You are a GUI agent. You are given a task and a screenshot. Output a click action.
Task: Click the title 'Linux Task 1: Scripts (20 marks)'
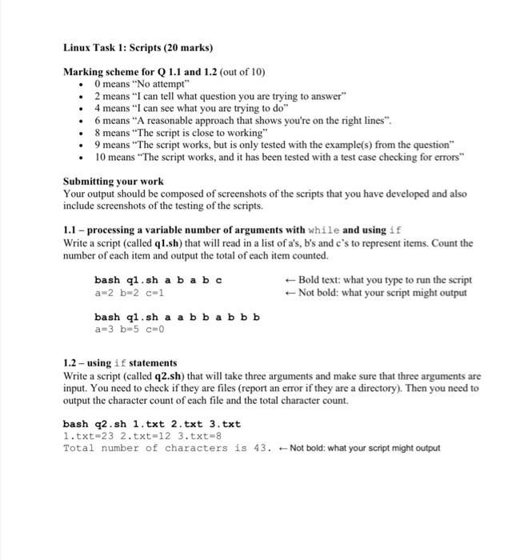(138, 49)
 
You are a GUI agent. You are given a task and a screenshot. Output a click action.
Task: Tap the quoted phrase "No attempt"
(165, 83)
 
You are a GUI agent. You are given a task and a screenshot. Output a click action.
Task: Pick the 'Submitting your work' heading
(114, 182)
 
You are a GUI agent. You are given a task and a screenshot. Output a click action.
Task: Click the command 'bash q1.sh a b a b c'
(158, 280)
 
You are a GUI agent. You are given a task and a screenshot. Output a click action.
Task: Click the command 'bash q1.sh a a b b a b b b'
(177, 317)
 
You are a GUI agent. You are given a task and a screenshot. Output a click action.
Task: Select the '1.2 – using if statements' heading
(120, 363)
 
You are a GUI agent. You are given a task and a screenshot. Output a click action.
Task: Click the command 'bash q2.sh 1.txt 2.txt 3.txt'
(151, 424)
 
